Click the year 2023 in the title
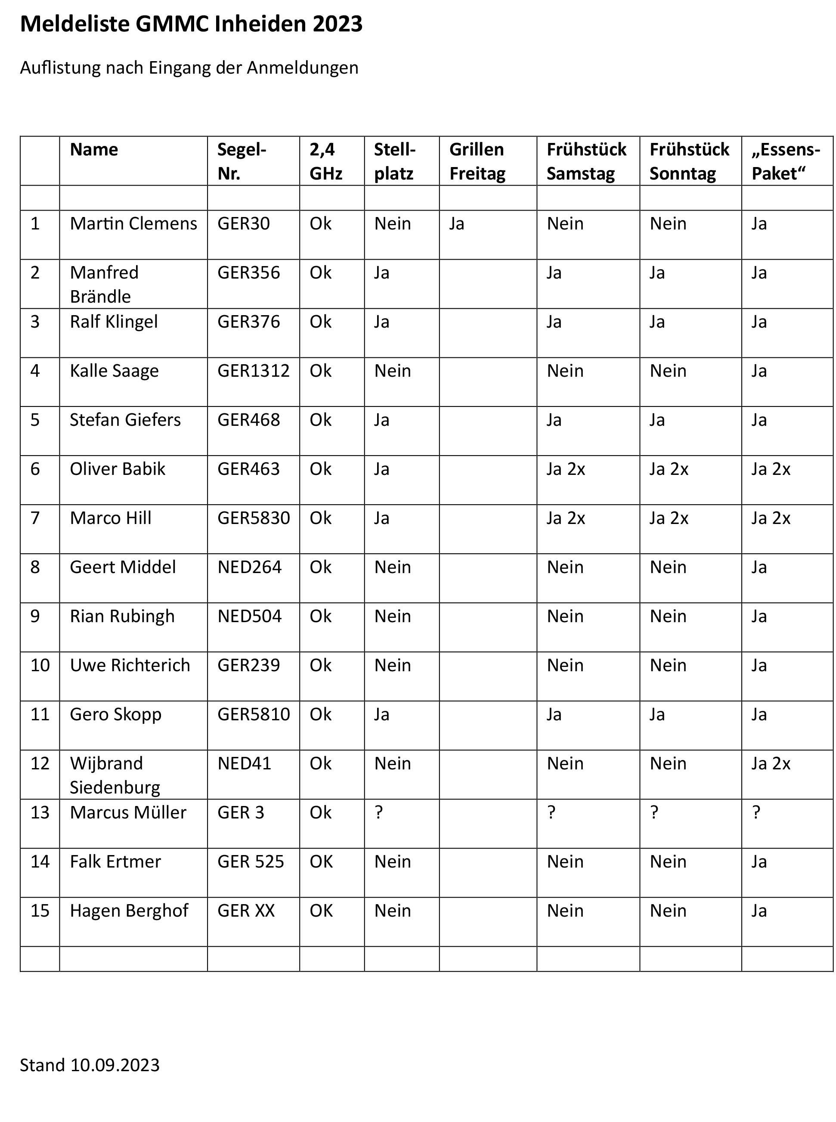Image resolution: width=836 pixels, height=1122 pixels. (x=337, y=24)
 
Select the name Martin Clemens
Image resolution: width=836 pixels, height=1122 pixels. (x=133, y=224)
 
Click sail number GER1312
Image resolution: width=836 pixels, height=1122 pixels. (x=253, y=371)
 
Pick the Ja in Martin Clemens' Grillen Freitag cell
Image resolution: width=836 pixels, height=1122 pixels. (x=456, y=224)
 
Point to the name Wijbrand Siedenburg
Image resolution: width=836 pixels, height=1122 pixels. (x=115, y=775)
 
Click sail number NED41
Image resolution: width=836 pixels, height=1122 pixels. (x=244, y=763)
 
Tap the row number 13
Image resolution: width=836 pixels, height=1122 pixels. (x=40, y=812)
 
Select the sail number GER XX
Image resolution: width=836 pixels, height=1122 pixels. (x=246, y=911)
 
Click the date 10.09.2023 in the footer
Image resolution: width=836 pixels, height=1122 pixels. (x=115, y=1065)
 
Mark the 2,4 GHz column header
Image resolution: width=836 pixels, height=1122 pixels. (x=326, y=161)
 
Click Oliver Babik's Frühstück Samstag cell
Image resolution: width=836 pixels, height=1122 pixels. (x=566, y=469)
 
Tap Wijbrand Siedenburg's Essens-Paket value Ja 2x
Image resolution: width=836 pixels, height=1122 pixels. (x=771, y=763)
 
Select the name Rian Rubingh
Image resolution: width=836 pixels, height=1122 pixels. (x=122, y=617)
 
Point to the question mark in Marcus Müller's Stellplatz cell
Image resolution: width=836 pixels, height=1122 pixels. (x=378, y=812)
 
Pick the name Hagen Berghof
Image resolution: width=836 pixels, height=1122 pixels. (x=129, y=911)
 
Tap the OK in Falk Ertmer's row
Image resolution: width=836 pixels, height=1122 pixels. (x=321, y=862)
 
